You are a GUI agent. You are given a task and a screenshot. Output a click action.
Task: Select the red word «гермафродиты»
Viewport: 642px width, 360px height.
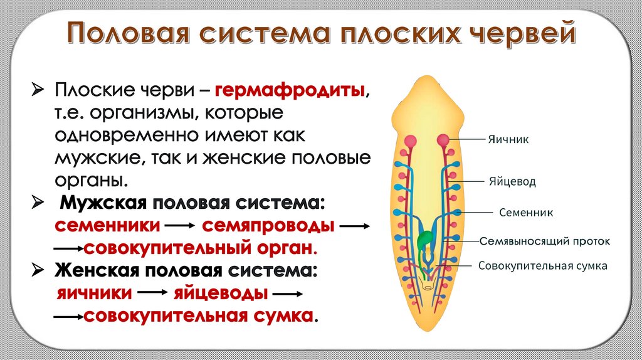pyautogui.click(x=291, y=91)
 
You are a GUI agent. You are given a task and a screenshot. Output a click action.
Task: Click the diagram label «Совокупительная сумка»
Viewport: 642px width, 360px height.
pyautogui.click(x=543, y=266)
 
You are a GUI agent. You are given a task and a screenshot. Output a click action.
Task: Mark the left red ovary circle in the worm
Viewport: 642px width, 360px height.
pyautogui.click(x=411, y=140)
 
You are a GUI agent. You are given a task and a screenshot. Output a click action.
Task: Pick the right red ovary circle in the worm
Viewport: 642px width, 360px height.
pyautogui.click(x=443, y=140)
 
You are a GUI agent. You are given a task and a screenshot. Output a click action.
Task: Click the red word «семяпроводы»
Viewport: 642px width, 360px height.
pyautogui.click(x=268, y=225)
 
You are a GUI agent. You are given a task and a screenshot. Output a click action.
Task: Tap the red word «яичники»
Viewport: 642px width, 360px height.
pyautogui.click(x=95, y=294)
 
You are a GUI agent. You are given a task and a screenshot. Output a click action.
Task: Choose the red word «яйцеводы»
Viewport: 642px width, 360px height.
pyautogui.click(x=219, y=294)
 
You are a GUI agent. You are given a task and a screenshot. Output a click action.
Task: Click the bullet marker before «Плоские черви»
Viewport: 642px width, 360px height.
pyautogui.click(x=38, y=92)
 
